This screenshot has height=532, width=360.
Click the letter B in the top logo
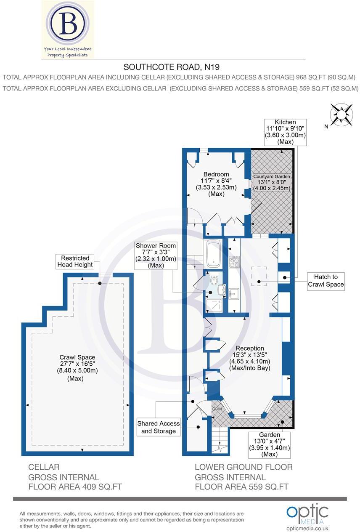[68, 23]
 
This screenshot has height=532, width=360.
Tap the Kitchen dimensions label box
[284, 132]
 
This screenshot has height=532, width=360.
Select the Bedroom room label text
[216, 174]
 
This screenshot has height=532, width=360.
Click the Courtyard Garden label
[271, 177]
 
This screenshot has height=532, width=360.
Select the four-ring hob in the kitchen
[234, 263]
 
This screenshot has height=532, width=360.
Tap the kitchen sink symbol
[234, 293]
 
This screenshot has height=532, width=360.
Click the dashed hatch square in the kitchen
[259, 277]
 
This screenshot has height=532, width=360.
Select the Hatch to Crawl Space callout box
[326, 281]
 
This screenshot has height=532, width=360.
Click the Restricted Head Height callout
[75, 262]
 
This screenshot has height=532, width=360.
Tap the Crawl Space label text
[77, 357]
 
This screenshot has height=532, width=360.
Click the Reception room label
[250, 348]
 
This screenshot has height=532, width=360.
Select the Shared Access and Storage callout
[158, 427]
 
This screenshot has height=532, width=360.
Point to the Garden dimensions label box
[269, 444]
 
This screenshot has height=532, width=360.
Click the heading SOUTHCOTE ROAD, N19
[172, 67]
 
